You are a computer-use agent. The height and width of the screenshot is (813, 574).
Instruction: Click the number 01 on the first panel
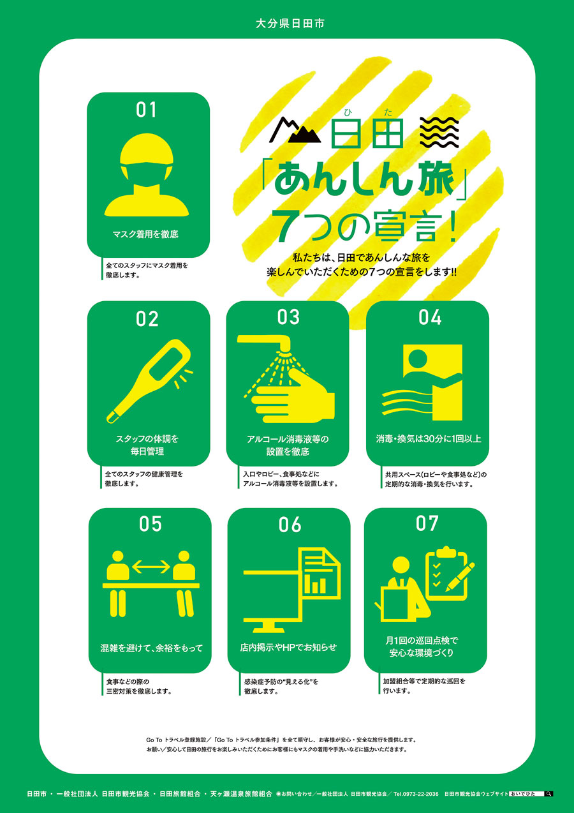pos(146,110)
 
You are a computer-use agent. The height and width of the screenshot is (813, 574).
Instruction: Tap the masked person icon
pos(147,175)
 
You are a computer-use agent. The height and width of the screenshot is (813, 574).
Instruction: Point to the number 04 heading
pos(430,317)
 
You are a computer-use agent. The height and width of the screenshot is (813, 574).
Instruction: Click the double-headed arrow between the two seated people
pos(151,567)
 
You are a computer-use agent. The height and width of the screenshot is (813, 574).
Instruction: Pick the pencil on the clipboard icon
pos(460,577)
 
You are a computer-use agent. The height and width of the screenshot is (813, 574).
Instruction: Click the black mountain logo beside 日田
pos(295,131)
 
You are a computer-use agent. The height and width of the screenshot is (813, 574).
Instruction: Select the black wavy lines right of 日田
pos(439,132)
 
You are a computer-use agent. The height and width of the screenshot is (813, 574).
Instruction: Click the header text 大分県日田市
pos(290,24)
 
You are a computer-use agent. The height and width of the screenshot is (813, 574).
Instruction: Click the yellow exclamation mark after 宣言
pos(452,226)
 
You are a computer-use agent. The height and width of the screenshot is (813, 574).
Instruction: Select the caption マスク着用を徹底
pos(145,234)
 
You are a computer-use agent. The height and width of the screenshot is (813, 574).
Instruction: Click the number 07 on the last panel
pos(427,523)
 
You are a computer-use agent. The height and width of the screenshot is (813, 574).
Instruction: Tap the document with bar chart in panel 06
pos(321,573)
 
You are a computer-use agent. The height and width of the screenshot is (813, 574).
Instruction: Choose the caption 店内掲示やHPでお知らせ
pos(288,647)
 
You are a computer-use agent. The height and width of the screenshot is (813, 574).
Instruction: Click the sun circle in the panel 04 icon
pos(417,358)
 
